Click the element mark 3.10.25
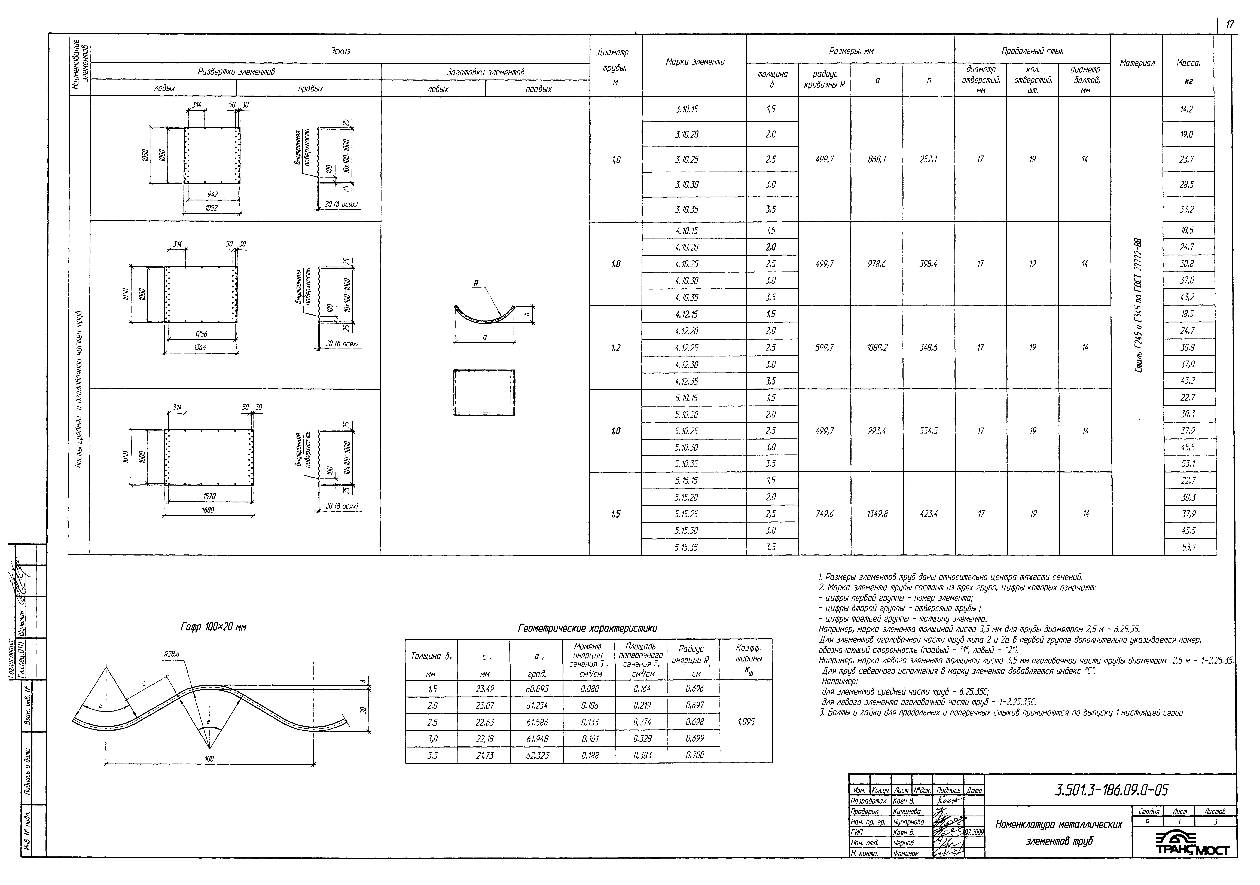pyautogui.click(x=687, y=160)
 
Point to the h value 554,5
pyautogui.click(x=929, y=431)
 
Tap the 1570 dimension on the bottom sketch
pyautogui.click(x=209, y=496)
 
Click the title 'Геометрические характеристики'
pyautogui.click(x=587, y=628)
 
